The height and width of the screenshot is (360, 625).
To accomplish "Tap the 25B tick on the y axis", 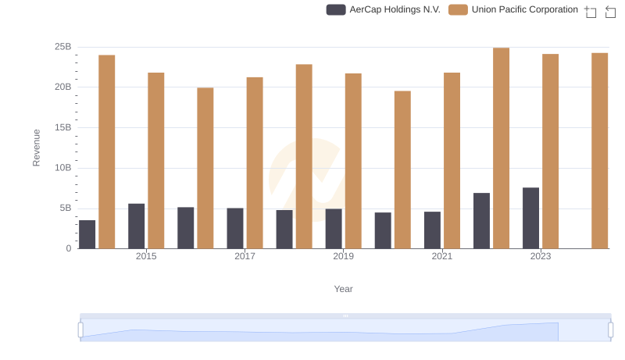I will point(63,47).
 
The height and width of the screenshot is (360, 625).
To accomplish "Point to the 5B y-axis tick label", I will point(63,209).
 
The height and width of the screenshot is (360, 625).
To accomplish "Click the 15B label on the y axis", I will point(63,127).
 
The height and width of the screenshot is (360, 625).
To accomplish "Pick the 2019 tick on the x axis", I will point(343,256).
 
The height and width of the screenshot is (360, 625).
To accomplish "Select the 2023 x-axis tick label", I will point(541,256).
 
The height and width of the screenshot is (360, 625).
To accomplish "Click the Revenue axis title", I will point(36,148).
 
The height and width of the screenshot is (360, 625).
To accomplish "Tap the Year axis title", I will point(344,289).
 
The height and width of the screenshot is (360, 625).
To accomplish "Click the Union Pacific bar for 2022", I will point(501,148).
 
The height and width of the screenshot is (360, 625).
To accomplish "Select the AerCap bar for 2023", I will point(530,218).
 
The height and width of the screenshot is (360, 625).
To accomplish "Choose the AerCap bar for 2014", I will point(87,234).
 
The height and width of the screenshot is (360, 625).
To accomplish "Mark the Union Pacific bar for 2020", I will point(402,169).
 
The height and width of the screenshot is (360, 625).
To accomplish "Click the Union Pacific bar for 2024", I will point(599,151).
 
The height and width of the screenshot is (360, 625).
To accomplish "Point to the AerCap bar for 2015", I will point(137,226).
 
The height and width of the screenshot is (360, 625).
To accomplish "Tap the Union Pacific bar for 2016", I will point(205,168).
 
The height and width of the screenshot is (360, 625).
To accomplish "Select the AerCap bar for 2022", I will point(481,220).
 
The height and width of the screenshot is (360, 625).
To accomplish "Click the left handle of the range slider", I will point(80,330).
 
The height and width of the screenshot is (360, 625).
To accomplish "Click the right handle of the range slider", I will point(611,330).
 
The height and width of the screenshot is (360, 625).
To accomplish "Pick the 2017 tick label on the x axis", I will point(245,256).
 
